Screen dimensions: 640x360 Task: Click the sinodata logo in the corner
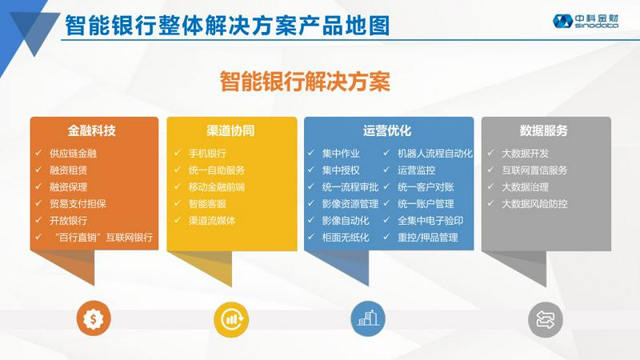pos(586,22)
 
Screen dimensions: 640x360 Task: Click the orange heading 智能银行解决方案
pos(305,82)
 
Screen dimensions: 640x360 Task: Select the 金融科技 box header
pos(92,130)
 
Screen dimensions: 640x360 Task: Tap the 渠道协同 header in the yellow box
pos(230,130)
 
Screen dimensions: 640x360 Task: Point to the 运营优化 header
pos(387,130)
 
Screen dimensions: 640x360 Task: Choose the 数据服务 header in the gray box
pos(544,130)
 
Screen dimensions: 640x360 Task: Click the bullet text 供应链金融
pos(73,154)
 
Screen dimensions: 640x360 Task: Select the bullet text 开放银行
pos(68,221)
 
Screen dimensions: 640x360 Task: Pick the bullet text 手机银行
pos(207,154)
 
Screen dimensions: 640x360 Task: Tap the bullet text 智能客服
pos(207,204)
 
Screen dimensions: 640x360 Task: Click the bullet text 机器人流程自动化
pos(435,154)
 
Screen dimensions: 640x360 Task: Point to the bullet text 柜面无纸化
pos(346,237)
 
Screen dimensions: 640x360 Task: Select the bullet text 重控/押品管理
pos(428,237)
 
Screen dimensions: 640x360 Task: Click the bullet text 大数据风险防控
pos(534,204)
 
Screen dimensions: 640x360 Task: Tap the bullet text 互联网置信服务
pos(534,170)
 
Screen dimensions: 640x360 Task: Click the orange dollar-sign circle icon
pos(94,318)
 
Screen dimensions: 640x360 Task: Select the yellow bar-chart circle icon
pos(231,319)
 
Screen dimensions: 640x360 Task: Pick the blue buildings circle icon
pos(368,318)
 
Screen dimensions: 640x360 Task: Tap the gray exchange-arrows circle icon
pos(546,319)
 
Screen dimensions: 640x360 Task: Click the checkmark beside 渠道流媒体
pos(178,220)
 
